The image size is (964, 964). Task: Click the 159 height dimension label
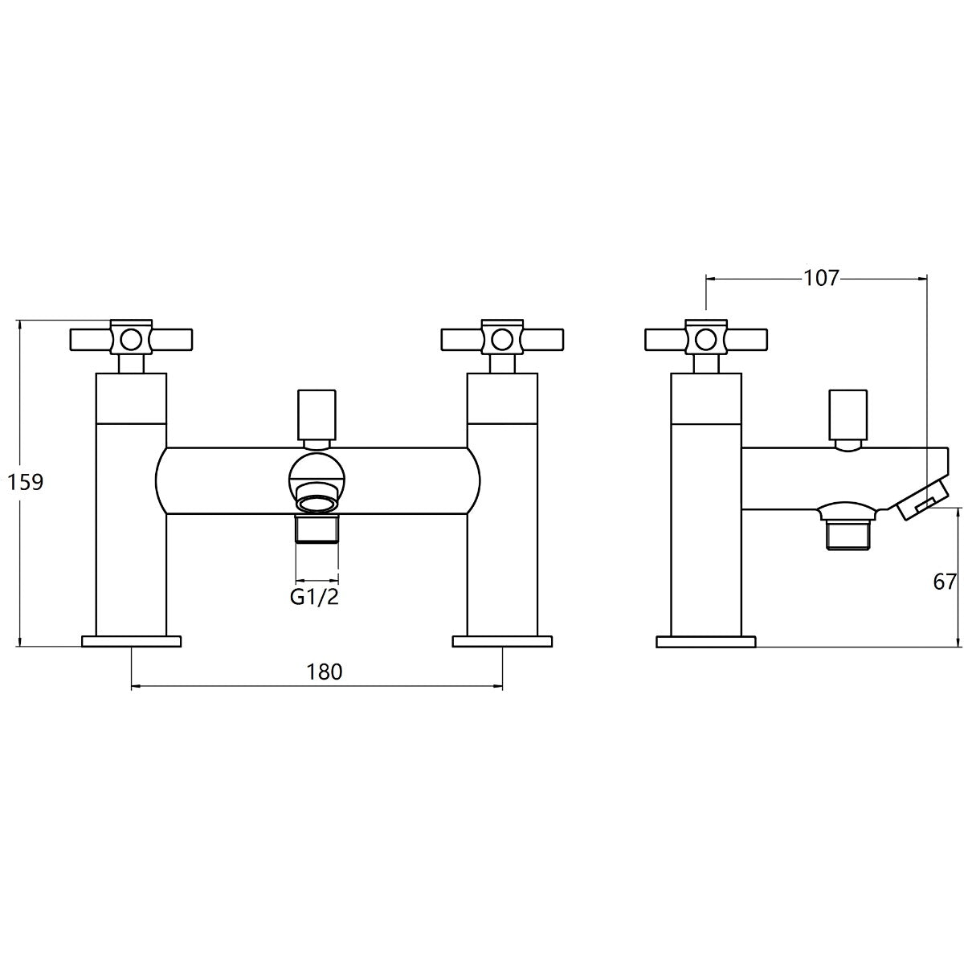(x=26, y=482)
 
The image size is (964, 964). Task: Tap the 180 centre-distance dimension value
(x=325, y=672)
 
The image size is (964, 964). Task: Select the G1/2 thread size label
(x=315, y=598)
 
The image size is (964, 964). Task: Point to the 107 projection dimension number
(x=820, y=278)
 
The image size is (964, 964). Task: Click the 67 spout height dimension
(x=945, y=582)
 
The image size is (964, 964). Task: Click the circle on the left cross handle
(x=131, y=340)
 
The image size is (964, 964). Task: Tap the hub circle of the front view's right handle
(x=502, y=340)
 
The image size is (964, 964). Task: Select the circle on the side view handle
(x=706, y=340)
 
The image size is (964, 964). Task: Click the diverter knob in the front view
(x=317, y=415)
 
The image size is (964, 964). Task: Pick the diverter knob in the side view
(x=848, y=415)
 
